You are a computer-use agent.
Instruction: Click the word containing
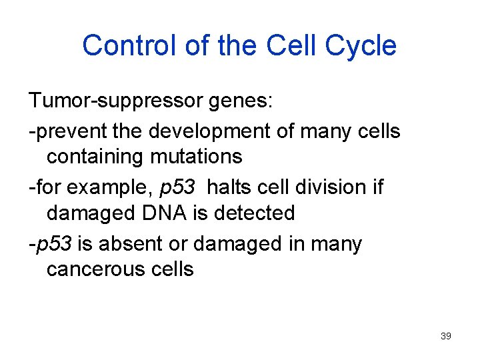(x=93, y=157)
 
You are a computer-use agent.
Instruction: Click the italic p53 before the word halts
(x=178, y=187)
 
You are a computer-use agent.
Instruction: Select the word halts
(x=228, y=187)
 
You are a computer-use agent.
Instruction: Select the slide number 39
(x=446, y=336)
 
